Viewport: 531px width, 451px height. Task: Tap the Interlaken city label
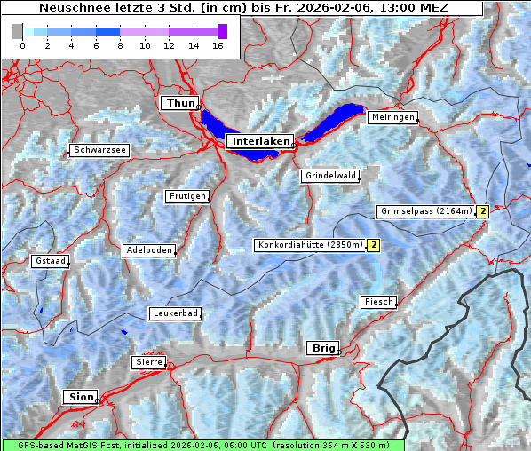[x=260, y=141]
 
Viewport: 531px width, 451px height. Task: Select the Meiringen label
[x=392, y=117]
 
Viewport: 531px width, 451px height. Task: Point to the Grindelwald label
[x=330, y=176]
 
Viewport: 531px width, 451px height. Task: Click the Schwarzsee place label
[x=100, y=151]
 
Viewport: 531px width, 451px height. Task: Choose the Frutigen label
[x=186, y=196]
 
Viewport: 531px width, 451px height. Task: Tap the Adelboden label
[x=148, y=250]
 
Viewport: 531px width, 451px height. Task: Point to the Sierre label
[x=148, y=362]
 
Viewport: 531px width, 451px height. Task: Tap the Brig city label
[x=321, y=348]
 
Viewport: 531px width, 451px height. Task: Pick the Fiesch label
[x=378, y=302]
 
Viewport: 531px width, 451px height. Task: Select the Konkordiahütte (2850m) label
[x=310, y=245]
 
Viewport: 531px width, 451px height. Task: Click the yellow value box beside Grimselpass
[x=482, y=211]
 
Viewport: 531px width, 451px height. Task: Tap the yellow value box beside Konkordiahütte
[x=374, y=245]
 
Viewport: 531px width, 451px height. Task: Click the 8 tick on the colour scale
[x=120, y=44]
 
